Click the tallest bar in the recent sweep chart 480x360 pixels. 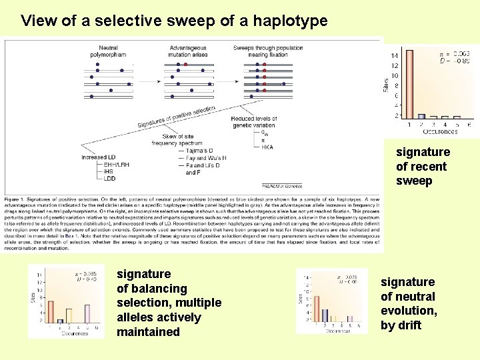(409, 83)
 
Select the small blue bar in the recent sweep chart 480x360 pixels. (421, 116)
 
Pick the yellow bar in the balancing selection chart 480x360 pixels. (69, 315)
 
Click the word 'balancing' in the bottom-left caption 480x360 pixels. (152, 289)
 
